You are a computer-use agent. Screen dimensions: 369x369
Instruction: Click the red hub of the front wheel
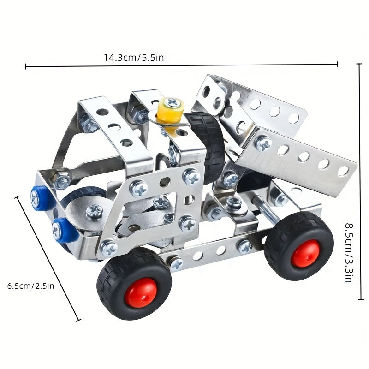pos(141,292)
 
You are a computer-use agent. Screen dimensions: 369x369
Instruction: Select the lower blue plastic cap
pos(65,230)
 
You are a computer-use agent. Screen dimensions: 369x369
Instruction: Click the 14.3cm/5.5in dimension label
pos(134,57)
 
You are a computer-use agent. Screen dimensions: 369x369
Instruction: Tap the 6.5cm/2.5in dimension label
pos(30,286)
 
